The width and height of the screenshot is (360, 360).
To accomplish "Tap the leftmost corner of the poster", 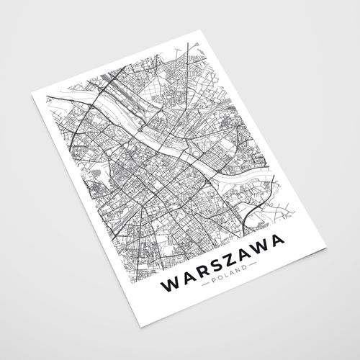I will (x=30, y=96).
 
